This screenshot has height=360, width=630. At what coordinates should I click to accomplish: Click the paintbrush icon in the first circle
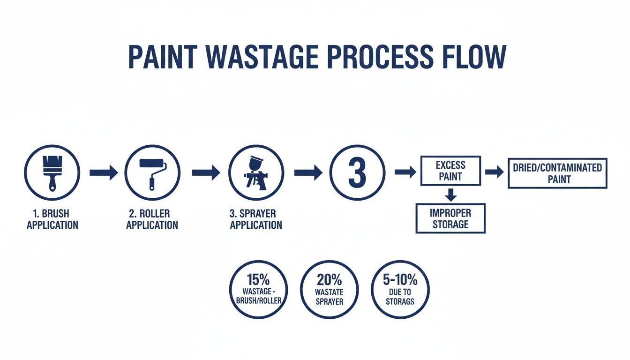[52, 172]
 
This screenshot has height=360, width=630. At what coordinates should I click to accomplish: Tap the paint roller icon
[152, 172]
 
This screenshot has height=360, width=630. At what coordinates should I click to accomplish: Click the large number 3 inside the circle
[357, 172]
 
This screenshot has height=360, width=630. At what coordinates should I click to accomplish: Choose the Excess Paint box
[450, 171]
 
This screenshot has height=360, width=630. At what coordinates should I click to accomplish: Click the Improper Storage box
[450, 218]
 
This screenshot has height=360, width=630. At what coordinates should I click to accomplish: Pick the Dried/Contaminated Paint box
[557, 173]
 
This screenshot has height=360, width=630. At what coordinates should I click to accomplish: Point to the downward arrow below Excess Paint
[450, 194]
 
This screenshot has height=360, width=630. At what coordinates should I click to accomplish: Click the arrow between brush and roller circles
[103, 172]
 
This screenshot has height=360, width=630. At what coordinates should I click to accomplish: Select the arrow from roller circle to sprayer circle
[206, 172]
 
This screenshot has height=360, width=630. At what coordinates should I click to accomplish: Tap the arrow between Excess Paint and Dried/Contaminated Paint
[494, 172]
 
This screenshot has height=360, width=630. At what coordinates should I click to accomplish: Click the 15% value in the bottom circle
[258, 280]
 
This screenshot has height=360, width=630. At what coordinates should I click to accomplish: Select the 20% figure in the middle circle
[329, 280]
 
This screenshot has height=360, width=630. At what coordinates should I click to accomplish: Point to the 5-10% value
[400, 280]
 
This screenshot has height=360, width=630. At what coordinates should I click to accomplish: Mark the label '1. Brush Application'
[52, 219]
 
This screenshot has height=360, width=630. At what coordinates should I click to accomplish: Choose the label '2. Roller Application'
[152, 219]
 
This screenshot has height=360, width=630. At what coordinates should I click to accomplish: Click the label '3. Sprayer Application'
[256, 219]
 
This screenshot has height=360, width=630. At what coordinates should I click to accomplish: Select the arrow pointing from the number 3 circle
[405, 172]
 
